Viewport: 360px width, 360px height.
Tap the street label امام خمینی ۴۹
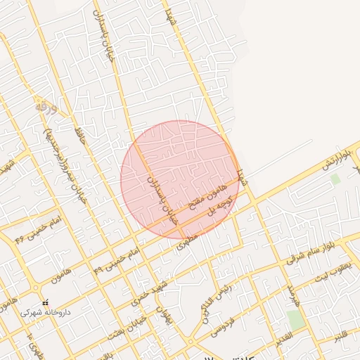[x=116, y=258]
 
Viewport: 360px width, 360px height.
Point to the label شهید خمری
[x=146, y=295]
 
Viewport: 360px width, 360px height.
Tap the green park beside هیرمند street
[x=295, y=320]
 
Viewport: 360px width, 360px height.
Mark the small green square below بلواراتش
[x=335, y=179]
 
